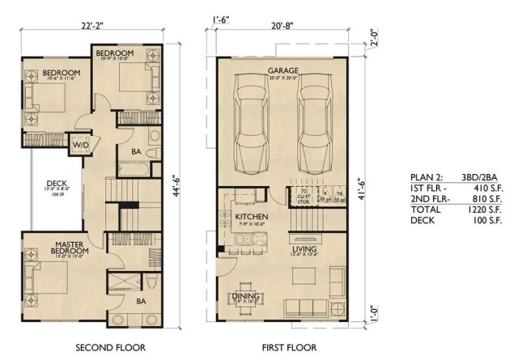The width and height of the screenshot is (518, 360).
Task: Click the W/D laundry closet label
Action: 82,146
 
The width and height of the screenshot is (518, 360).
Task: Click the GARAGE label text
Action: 283,71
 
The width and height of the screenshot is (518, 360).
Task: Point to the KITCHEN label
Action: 246,218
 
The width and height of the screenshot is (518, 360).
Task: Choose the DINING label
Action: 247,297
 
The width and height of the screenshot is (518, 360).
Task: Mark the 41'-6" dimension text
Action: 362,185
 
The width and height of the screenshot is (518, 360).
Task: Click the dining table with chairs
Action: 247,307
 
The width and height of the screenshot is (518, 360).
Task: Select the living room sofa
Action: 309,306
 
